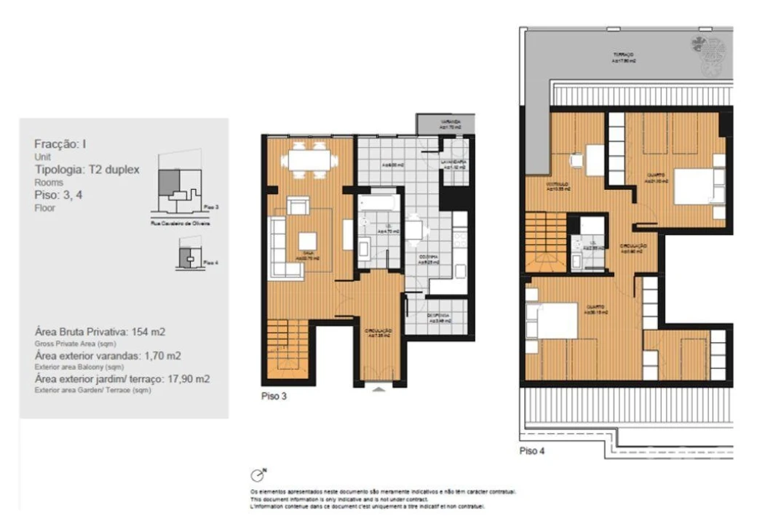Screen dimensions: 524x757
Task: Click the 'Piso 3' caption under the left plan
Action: (x=274, y=397)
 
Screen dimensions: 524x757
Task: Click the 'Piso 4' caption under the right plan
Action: (x=532, y=451)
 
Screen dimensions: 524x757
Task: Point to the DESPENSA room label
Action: (x=438, y=317)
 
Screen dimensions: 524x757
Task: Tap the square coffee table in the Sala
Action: (x=308, y=241)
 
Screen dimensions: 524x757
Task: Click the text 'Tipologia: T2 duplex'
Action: (x=87, y=170)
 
